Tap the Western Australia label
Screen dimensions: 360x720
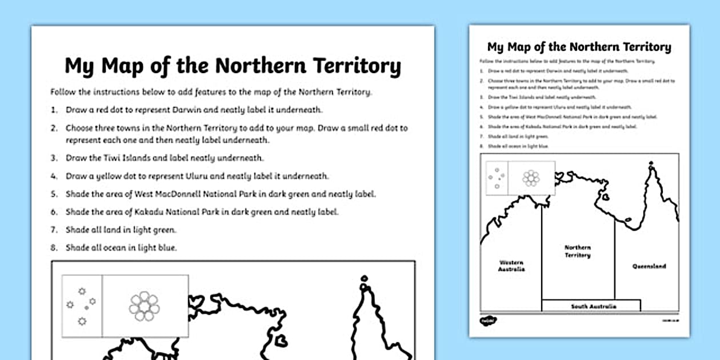coord(511,266)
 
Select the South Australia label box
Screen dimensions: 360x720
coord(578,306)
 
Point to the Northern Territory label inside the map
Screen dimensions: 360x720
coord(578,251)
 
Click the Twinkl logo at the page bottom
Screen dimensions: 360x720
coord(485,322)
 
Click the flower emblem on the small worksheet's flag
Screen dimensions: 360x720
coord(531,178)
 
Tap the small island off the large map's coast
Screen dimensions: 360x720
coord(281,341)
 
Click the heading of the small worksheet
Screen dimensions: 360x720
coord(579,47)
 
